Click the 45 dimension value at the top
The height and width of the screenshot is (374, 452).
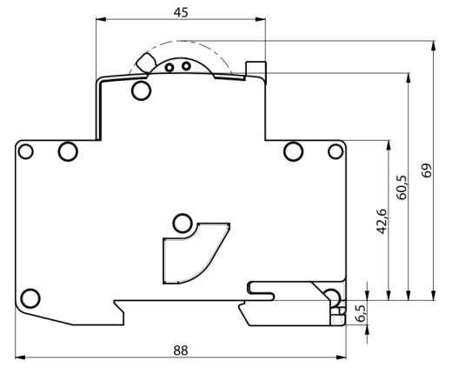click(x=181, y=12)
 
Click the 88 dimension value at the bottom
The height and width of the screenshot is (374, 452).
click(x=181, y=351)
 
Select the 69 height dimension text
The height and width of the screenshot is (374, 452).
click(x=427, y=170)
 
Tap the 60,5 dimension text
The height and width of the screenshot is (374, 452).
click(x=402, y=187)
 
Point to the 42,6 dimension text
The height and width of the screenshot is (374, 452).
click(x=382, y=221)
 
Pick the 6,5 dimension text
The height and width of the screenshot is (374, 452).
click(x=361, y=313)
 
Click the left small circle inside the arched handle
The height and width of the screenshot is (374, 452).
click(x=169, y=68)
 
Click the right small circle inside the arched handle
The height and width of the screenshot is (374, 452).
click(x=186, y=66)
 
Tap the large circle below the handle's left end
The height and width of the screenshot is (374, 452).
click(x=142, y=90)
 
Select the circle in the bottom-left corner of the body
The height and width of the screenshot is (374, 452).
click(x=30, y=298)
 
